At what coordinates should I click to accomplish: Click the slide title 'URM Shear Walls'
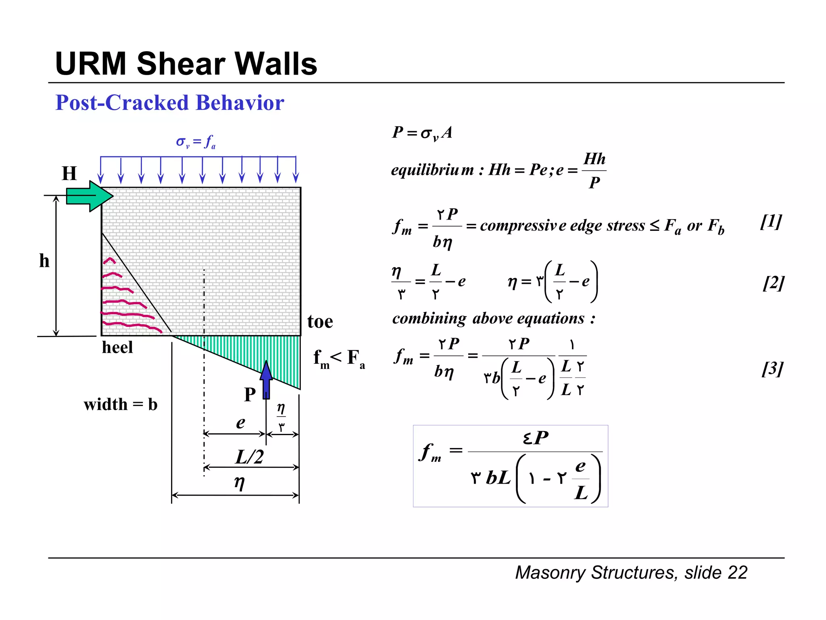coord(186,64)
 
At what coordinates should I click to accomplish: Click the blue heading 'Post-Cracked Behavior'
coord(170,103)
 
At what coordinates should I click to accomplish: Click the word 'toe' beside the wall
coord(320,322)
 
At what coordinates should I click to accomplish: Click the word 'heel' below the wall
coord(117,348)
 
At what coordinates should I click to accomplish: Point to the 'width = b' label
coord(121,404)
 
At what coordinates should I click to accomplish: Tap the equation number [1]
coord(771,222)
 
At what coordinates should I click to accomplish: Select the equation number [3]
coord(772,369)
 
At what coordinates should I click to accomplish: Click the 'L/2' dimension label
coord(250,457)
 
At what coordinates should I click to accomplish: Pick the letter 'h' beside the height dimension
coord(44,261)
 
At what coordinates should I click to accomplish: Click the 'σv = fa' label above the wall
coord(196,142)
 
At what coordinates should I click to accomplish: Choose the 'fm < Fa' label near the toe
coord(339,358)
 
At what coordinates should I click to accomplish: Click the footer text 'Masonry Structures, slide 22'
coord(631,572)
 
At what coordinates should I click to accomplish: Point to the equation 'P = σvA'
coord(422,132)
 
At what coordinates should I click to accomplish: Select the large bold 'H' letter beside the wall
coord(69,174)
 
